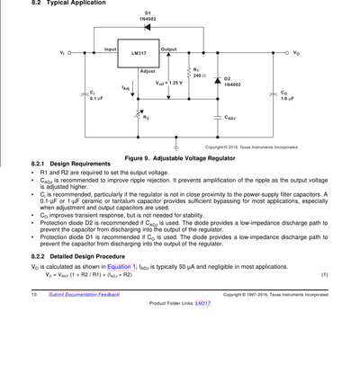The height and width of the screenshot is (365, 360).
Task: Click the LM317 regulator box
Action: (x=139, y=53)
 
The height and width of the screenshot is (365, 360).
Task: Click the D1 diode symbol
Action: (x=148, y=27)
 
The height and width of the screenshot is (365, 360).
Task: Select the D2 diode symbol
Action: (x=218, y=81)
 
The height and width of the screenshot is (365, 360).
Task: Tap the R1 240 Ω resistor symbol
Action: (x=189, y=73)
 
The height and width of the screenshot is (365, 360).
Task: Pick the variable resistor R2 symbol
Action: (x=139, y=115)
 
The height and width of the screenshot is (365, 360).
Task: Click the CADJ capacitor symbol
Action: (x=218, y=118)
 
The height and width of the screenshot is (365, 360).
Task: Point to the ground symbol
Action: (x=176, y=147)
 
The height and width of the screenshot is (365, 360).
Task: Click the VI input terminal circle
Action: (x=69, y=53)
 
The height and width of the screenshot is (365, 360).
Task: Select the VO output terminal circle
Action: (x=287, y=53)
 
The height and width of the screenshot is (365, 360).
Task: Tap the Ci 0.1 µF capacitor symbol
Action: (x=85, y=94)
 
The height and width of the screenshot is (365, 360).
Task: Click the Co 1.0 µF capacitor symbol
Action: (x=273, y=94)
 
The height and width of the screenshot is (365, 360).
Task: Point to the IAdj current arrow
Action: (x=132, y=91)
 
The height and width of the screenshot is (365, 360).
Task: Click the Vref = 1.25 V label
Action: (x=169, y=83)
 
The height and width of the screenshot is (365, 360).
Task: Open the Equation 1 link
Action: (x=121, y=267)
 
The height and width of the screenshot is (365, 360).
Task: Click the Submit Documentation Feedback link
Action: (x=85, y=295)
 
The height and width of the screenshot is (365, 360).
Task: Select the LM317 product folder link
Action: (x=202, y=303)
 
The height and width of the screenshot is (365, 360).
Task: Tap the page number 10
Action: (x=34, y=295)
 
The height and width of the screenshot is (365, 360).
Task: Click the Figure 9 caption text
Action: (x=180, y=158)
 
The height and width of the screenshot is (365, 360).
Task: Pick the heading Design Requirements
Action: (x=80, y=164)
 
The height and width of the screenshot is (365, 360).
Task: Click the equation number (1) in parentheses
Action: (x=325, y=274)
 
